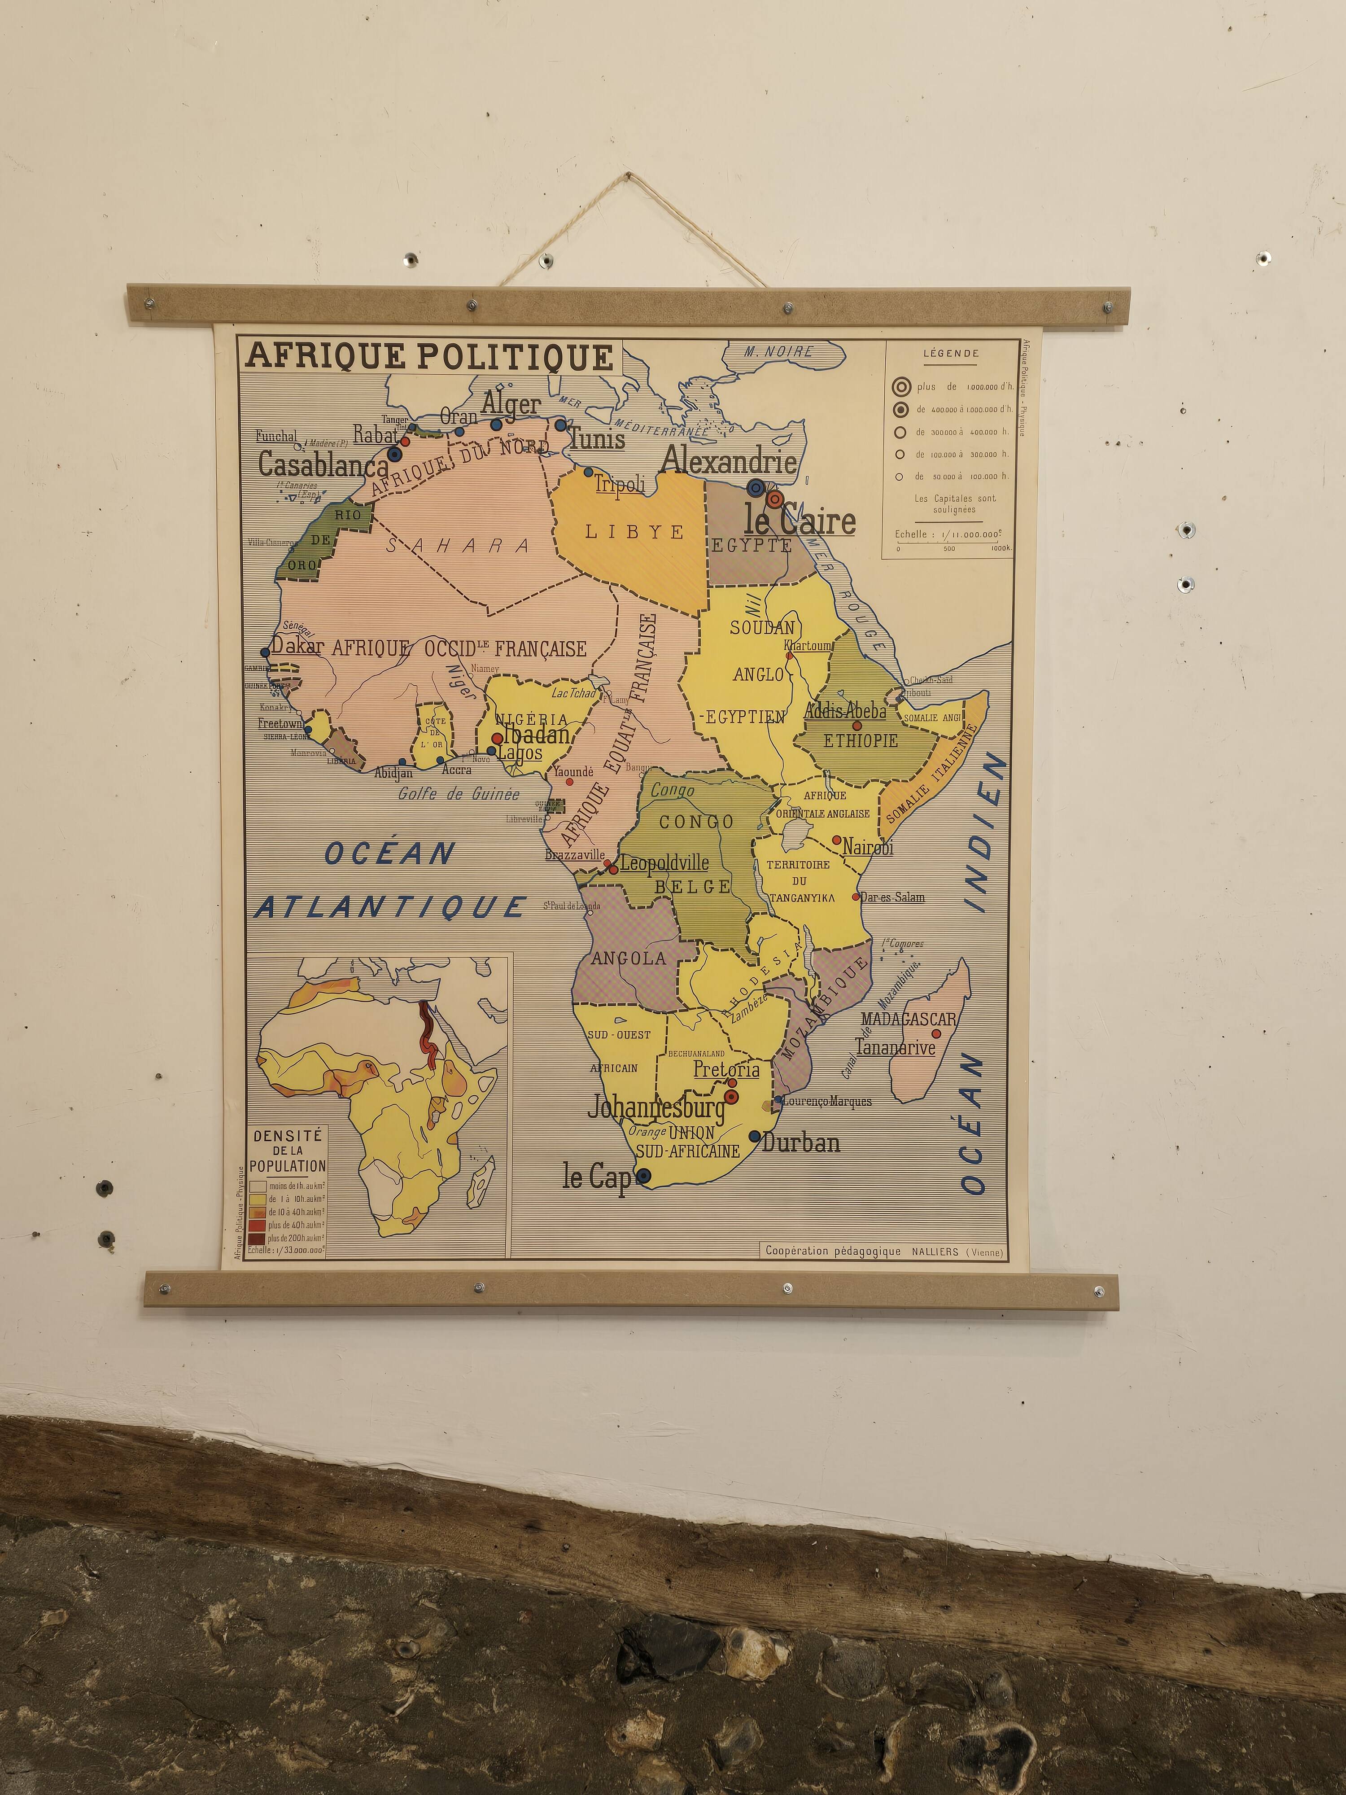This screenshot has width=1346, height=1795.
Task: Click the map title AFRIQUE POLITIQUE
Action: coord(429,357)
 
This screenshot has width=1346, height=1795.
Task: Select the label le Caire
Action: coord(800,522)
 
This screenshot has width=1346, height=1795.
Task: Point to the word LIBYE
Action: coord(634,532)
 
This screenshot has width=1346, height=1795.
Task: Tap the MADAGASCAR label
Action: coord(909,1019)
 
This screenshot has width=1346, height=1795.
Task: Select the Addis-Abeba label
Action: coord(845,711)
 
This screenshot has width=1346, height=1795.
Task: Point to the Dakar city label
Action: coord(297,646)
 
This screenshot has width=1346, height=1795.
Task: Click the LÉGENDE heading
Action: coord(951,354)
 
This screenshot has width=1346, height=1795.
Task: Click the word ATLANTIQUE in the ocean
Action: coord(391,907)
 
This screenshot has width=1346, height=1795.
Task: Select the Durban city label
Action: coord(801,1143)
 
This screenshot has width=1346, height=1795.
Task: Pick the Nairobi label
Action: coord(867,847)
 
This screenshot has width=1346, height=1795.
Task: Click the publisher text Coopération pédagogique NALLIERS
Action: coord(883,1251)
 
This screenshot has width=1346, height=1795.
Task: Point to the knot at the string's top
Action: coord(629,175)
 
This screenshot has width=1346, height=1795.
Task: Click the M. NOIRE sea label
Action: coord(779,351)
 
